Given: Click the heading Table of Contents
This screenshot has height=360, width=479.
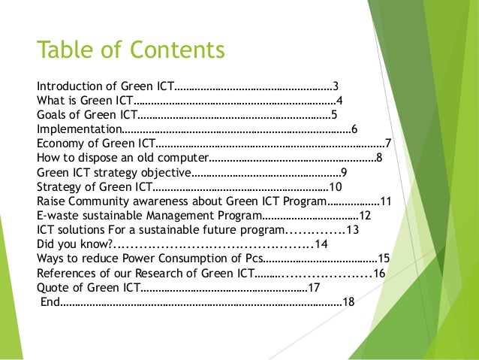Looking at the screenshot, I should tap(131, 51).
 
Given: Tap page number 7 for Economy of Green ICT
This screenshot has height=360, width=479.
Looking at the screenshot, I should tap(387, 144).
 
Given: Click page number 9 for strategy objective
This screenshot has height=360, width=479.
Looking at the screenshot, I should tap(364, 172).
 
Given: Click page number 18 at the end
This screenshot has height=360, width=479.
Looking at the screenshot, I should tap(348, 302).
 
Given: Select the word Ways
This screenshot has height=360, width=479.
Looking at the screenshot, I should tap(50, 259).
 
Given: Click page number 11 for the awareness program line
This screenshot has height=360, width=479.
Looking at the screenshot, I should tap(387, 201).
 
